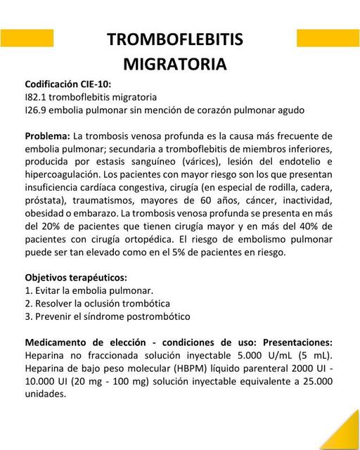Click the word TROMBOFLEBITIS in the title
point(175,40)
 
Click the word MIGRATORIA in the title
point(175,64)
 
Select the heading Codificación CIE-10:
point(67,84)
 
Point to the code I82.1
point(37,97)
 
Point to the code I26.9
point(37,110)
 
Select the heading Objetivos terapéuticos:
point(76,277)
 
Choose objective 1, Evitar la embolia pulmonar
point(89,290)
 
